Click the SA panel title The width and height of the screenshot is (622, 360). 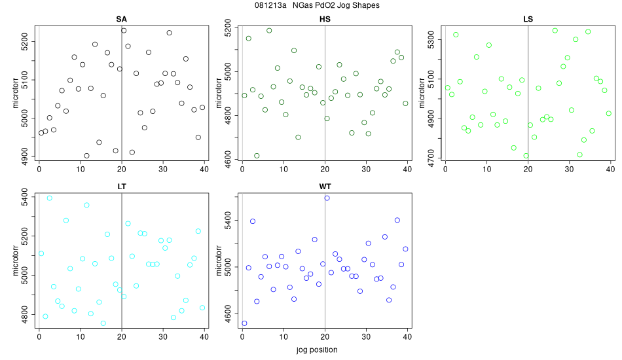point(121,19)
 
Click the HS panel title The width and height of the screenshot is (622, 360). point(325,19)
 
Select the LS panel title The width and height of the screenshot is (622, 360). point(528,19)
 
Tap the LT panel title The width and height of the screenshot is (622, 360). point(121,187)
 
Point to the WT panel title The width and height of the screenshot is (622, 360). point(325,187)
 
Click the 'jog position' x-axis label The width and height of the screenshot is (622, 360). point(325,351)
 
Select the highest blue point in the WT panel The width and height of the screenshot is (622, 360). point(327,198)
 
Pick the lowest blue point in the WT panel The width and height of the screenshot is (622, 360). point(244,323)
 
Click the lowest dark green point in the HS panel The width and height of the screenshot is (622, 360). point(257,156)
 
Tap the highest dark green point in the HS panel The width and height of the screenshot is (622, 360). point(269,31)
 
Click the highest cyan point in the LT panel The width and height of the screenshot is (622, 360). point(49,198)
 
